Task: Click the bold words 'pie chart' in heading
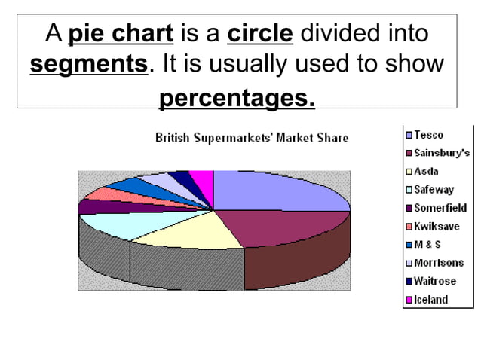pyautogui.click(x=121, y=35)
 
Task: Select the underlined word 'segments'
pyautogui.click(x=89, y=65)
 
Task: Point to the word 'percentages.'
pyautogui.click(x=237, y=98)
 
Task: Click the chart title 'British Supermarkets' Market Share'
pyautogui.click(x=252, y=138)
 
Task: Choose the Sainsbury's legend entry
pyautogui.click(x=440, y=153)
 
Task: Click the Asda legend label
pyautogui.click(x=426, y=172)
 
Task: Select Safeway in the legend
pyautogui.click(x=434, y=190)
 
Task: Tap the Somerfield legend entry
pyautogui.click(x=440, y=208)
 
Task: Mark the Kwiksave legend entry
pyautogui.click(x=437, y=226)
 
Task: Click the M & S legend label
pyautogui.click(x=427, y=245)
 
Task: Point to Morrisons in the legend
pyautogui.click(x=438, y=263)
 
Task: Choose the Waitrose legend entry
pyautogui.click(x=434, y=281)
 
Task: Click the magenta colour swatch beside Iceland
pyautogui.click(x=409, y=300)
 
